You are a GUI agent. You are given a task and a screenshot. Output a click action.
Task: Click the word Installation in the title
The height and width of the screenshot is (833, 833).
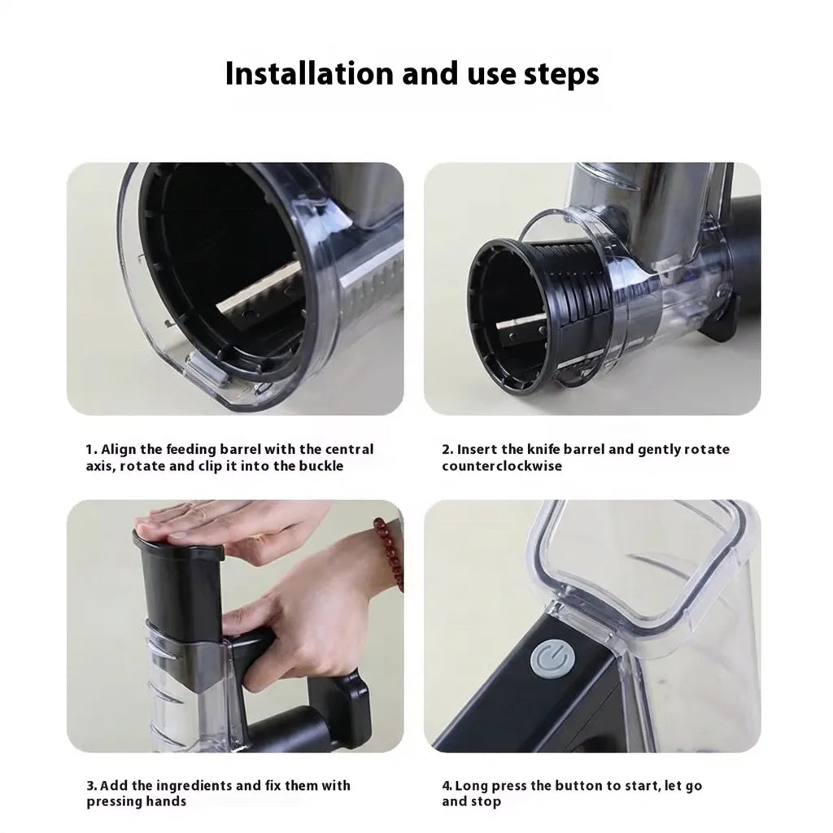click(x=310, y=73)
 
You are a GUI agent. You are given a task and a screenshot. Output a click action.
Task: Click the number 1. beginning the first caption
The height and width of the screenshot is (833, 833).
click(x=91, y=449)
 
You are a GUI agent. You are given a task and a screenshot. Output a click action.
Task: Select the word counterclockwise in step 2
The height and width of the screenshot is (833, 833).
click(x=501, y=466)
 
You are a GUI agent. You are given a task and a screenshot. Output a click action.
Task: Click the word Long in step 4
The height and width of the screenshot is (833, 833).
click(x=471, y=785)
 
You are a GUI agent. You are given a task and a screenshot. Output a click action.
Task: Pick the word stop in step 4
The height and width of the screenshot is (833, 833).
click(x=486, y=801)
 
